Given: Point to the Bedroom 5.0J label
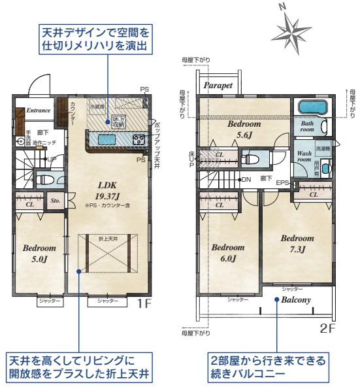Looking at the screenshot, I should pos(39,253).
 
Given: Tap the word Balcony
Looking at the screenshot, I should pos(296,301).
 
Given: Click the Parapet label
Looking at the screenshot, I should pos(218,86).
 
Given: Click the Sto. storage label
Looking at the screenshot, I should pos(56,201).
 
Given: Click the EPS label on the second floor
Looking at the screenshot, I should pos(282,183).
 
